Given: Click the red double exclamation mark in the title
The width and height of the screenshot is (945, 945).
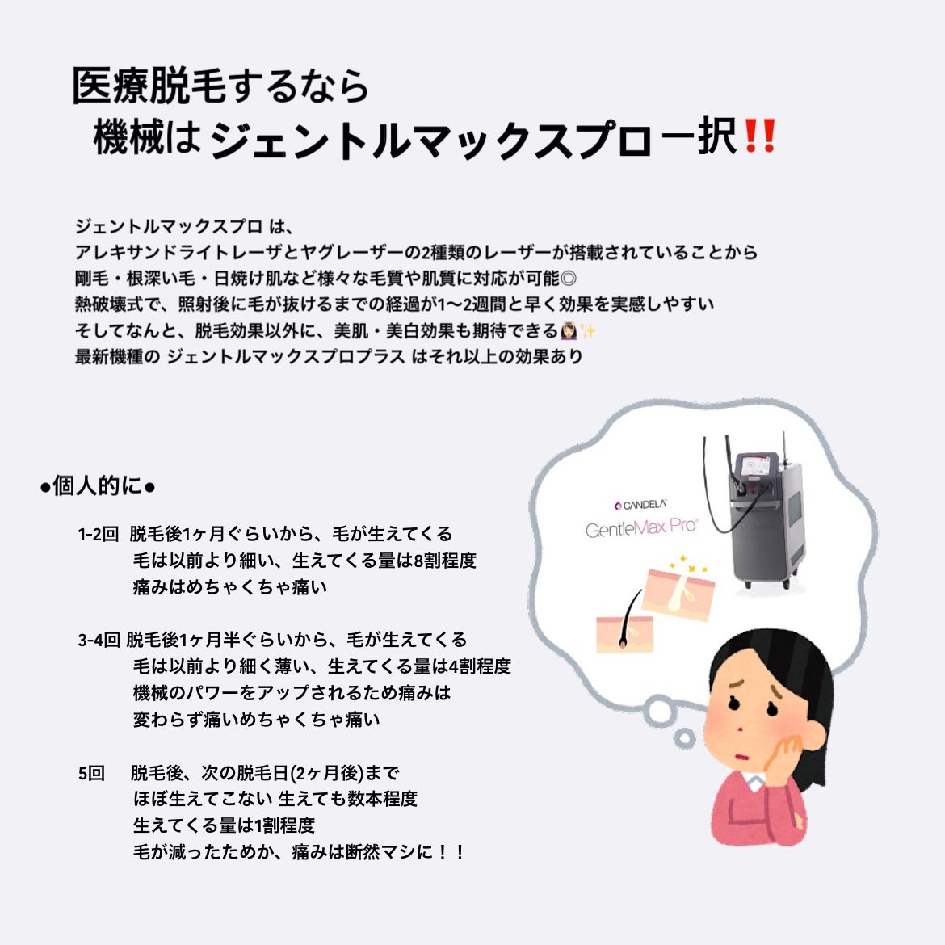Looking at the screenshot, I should (758, 137).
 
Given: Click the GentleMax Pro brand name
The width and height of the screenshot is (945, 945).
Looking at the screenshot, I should (641, 529).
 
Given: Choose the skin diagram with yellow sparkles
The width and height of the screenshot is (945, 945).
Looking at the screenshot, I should (677, 586).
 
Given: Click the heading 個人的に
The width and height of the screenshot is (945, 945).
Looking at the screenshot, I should (97, 486).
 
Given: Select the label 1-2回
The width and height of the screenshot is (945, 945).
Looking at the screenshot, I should (98, 534).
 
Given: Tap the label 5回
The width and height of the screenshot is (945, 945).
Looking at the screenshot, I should (91, 773).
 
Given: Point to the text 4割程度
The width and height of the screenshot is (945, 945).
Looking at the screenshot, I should (479, 667).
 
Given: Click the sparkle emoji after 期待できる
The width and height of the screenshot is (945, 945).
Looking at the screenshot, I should (588, 331).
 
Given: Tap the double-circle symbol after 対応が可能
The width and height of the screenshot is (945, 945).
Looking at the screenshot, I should (568, 279).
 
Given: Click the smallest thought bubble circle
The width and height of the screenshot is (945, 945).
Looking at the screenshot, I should (684, 737).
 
